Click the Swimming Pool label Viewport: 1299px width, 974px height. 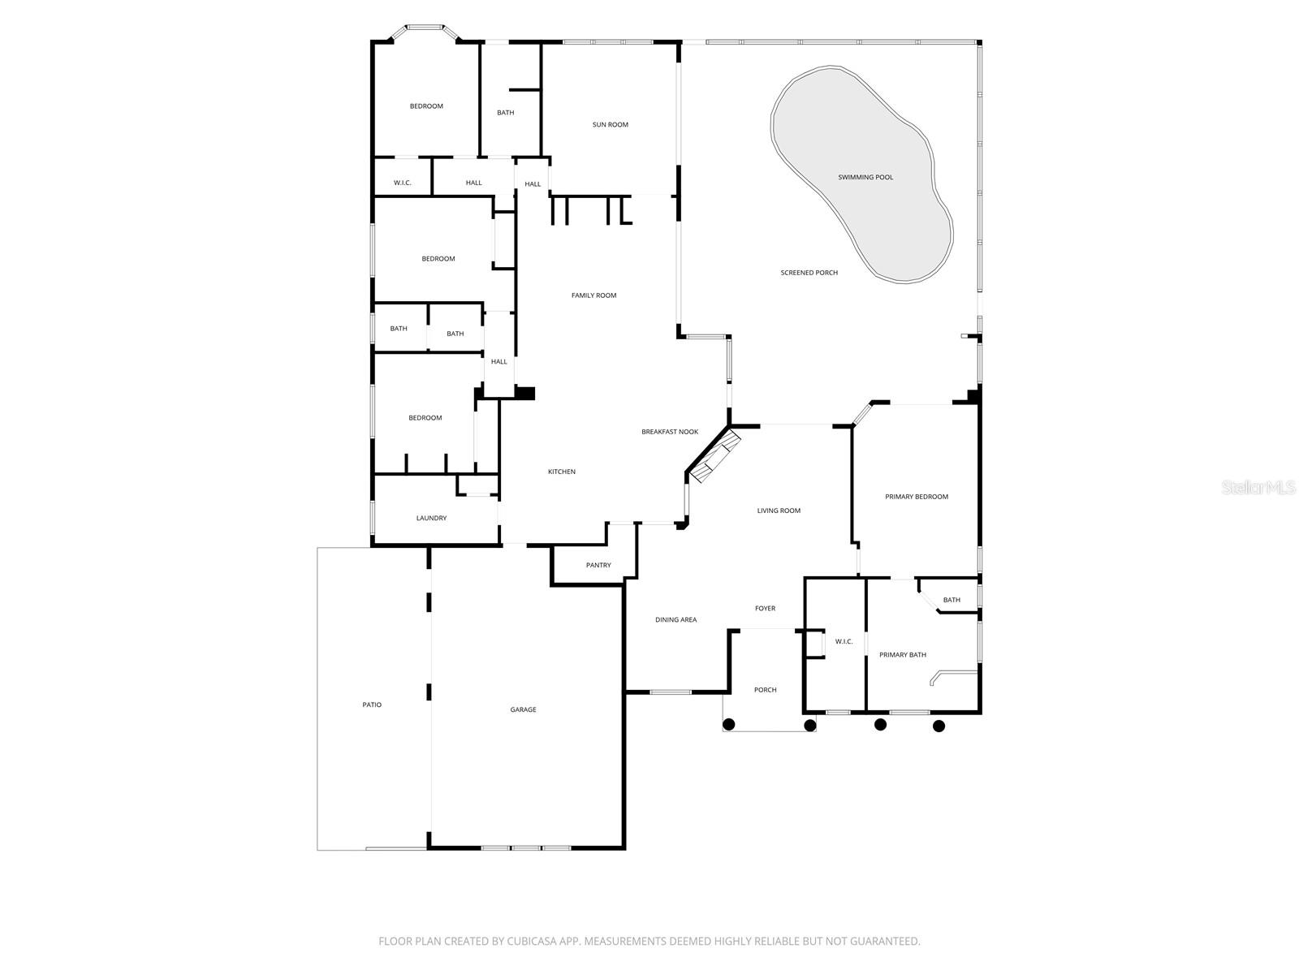pyautogui.click(x=865, y=177)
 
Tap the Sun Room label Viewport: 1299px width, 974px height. pyautogui.click(x=611, y=125)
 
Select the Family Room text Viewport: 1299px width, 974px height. pyautogui.click(x=594, y=295)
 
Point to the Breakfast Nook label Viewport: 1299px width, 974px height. pyautogui.click(x=670, y=432)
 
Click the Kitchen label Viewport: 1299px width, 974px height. pyautogui.click(x=562, y=472)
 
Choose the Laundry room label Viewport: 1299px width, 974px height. pyautogui.click(x=431, y=518)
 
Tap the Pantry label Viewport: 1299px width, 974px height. pyautogui.click(x=598, y=565)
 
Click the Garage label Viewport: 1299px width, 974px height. pyautogui.click(x=523, y=709)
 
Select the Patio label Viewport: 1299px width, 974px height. pyautogui.click(x=372, y=705)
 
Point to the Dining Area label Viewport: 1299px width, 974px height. pyautogui.click(x=676, y=620)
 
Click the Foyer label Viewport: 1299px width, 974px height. pyautogui.click(x=765, y=608)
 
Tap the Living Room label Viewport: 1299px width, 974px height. pyautogui.click(x=779, y=511)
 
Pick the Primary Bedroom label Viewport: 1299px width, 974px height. pyautogui.click(x=917, y=497)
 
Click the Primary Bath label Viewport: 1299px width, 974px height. pyautogui.click(x=903, y=655)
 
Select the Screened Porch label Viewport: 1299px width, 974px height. pyautogui.click(x=809, y=273)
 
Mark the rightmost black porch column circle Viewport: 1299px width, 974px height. pyautogui.click(x=939, y=726)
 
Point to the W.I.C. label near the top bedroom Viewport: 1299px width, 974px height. pyautogui.click(x=403, y=183)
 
